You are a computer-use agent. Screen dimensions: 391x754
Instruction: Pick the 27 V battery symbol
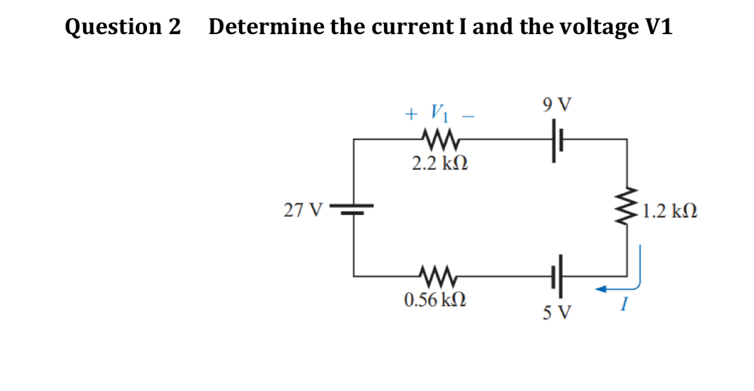click(353, 210)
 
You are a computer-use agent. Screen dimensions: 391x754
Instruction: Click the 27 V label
click(302, 210)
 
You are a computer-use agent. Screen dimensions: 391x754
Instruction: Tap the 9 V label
click(557, 103)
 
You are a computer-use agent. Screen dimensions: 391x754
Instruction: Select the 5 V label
click(557, 313)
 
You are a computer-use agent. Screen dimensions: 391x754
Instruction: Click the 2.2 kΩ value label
click(440, 164)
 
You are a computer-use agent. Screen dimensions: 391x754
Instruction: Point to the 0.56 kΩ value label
click(435, 300)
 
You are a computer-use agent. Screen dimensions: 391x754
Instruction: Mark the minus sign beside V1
click(470, 116)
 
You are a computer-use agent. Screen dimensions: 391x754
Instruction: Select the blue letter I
click(623, 307)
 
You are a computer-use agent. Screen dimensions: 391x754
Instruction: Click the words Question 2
click(123, 27)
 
